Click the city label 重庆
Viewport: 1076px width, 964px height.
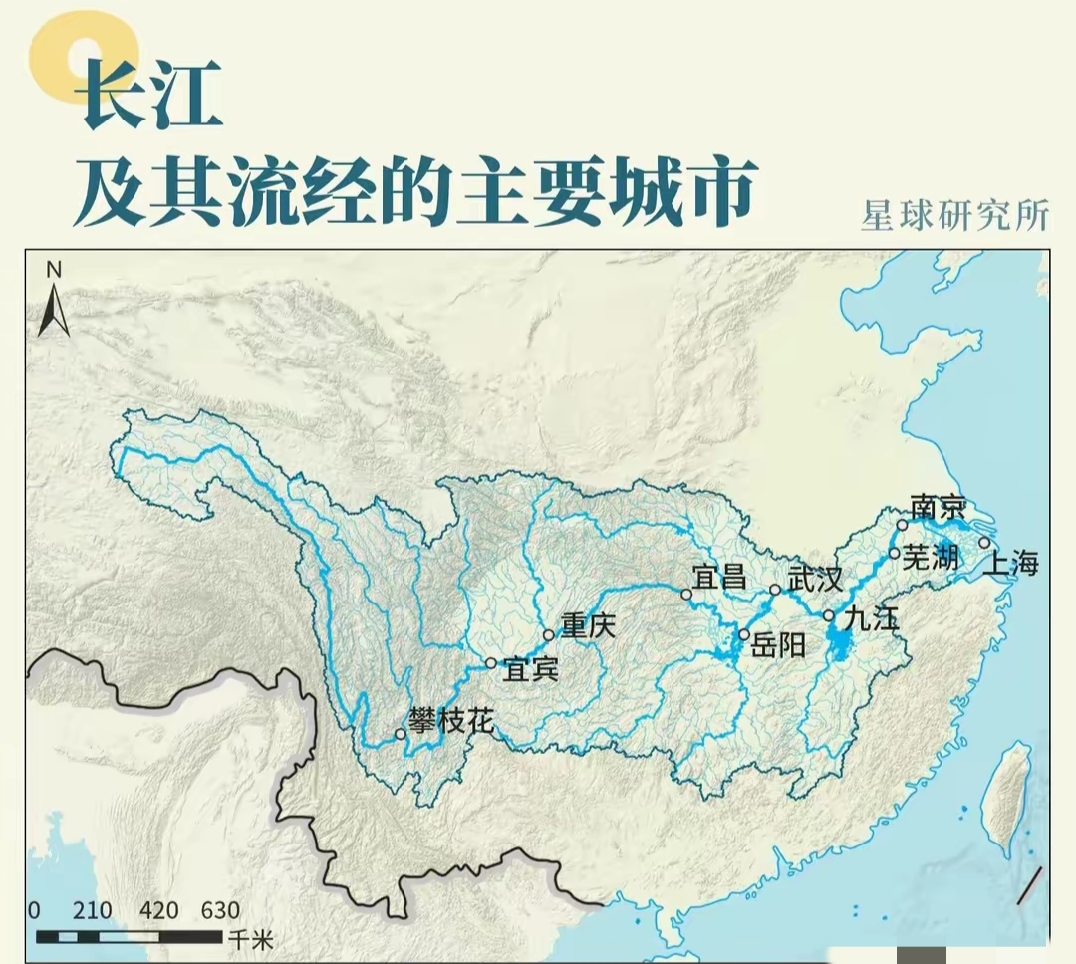click(588, 625)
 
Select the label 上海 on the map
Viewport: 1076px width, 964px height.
click(1011, 564)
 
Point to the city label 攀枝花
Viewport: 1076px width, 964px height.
click(450, 720)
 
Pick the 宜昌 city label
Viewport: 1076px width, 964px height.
click(719, 576)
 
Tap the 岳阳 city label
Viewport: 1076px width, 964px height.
click(777, 645)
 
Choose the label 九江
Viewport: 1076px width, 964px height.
click(870, 618)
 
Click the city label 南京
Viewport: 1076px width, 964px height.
click(939, 507)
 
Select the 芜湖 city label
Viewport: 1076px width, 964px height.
click(931, 558)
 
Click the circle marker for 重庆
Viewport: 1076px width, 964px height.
click(549, 635)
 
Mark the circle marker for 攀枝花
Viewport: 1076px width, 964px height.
click(400, 734)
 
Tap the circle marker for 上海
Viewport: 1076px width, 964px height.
click(984, 543)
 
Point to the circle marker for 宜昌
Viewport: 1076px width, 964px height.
click(686, 594)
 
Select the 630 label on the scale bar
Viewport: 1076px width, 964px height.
click(220, 910)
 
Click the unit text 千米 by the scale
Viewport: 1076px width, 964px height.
click(249, 938)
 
